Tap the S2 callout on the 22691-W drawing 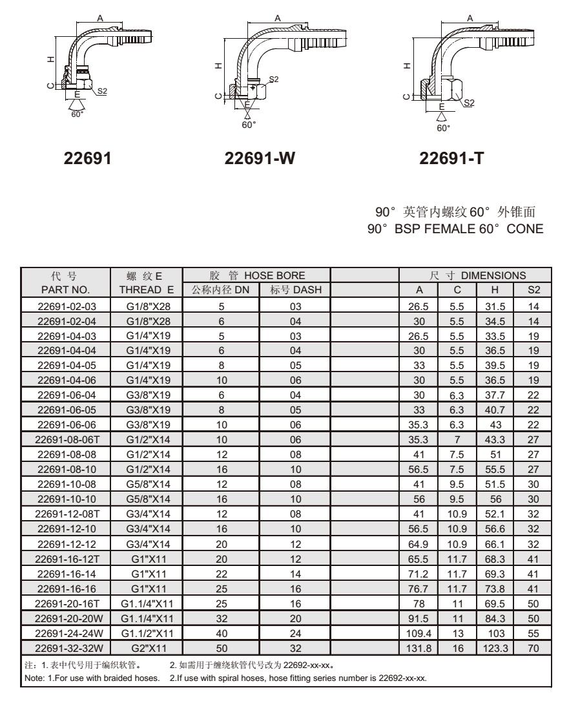274,79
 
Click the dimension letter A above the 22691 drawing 99,19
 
